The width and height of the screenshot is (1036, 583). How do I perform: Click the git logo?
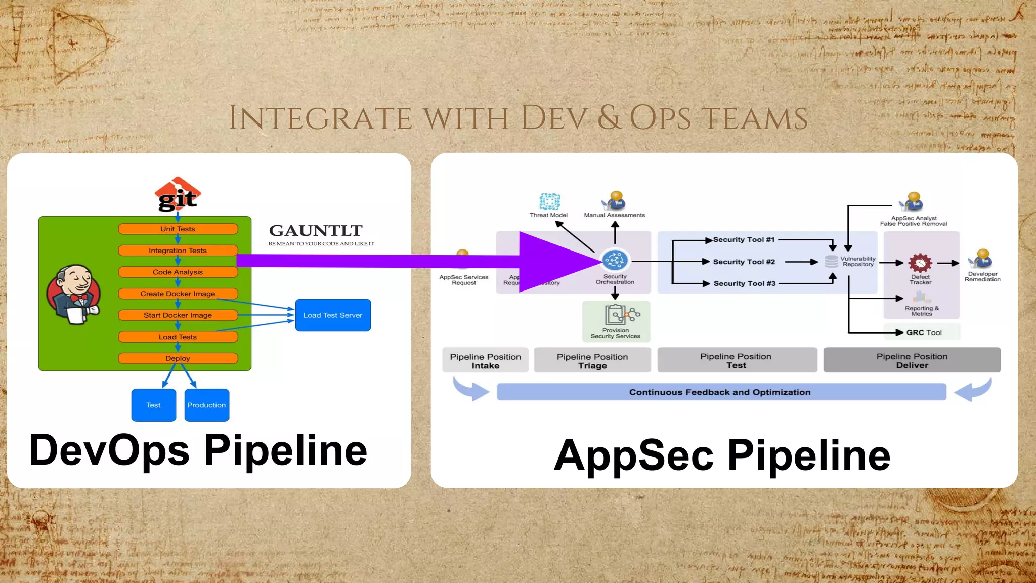click(x=178, y=195)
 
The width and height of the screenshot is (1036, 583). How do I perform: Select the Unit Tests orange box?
click(x=178, y=229)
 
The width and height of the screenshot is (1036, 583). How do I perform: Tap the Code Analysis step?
click(x=178, y=272)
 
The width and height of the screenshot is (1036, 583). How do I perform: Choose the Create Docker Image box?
click(x=178, y=294)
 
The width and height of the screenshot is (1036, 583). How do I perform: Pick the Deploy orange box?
click(x=178, y=358)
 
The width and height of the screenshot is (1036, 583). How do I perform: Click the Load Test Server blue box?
click(x=333, y=315)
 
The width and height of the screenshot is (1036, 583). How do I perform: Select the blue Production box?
click(x=206, y=405)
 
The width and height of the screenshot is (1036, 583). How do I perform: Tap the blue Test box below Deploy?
click(x=153, y=405)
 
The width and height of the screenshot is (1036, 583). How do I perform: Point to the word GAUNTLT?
click(x=316, y=231)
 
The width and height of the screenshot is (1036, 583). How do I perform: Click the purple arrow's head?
click(x=556, y=262)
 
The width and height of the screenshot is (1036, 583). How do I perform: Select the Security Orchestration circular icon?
click(x=615, y=261)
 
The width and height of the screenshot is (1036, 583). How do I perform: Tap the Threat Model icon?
click(x=549, y=201)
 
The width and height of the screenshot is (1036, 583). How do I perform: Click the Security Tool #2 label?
click(x=744, y=262)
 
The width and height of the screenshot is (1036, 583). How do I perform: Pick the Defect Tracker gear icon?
click(x=920, y=263)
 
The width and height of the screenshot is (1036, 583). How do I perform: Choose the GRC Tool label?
click(x=924, y=332)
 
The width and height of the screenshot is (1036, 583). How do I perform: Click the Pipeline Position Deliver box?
click(x=912, y=360)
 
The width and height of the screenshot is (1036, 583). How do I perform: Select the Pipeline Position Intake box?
click(x=485, y=360)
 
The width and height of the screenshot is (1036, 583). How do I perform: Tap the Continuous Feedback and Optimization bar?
click(x=721, y=392)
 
